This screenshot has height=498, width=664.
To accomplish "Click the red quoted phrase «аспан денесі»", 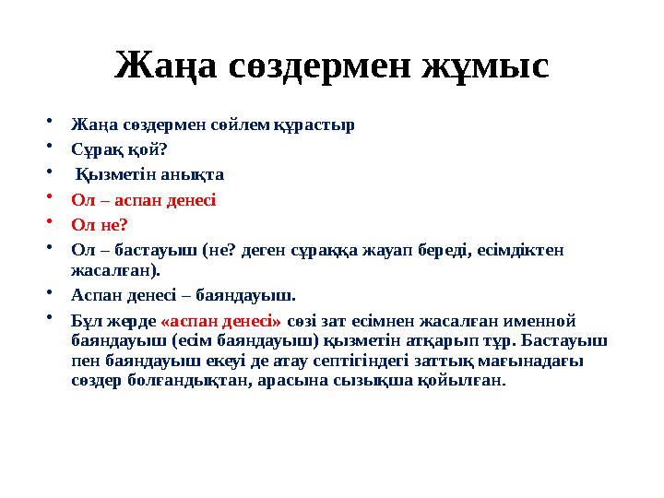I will click(221, 322).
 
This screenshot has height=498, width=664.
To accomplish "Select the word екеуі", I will click(196, 361).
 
